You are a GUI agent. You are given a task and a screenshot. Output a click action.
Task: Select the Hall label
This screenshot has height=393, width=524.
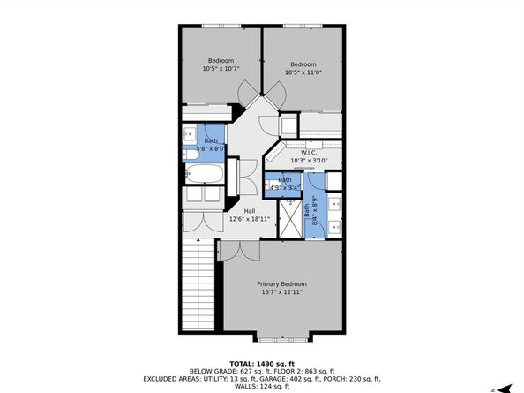click(250, 211)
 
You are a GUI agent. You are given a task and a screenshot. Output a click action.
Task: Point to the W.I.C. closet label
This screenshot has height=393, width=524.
click(309, 152)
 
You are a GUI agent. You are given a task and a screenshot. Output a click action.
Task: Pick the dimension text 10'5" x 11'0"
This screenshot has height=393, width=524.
click(303, 72)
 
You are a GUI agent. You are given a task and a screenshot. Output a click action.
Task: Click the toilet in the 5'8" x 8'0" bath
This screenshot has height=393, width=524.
click(191, 156)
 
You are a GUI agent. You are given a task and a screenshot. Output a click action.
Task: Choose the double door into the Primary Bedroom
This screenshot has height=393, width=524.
click(238, 250)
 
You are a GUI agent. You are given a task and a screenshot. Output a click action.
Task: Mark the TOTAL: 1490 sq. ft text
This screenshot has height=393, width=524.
click(261, 363)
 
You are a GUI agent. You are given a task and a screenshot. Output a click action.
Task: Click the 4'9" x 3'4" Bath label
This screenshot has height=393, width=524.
click(285, 184)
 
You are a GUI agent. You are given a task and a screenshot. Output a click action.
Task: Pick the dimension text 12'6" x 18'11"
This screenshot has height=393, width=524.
click(250, 219)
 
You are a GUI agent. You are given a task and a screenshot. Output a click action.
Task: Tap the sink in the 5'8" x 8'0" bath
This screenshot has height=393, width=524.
click(190, 135)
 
